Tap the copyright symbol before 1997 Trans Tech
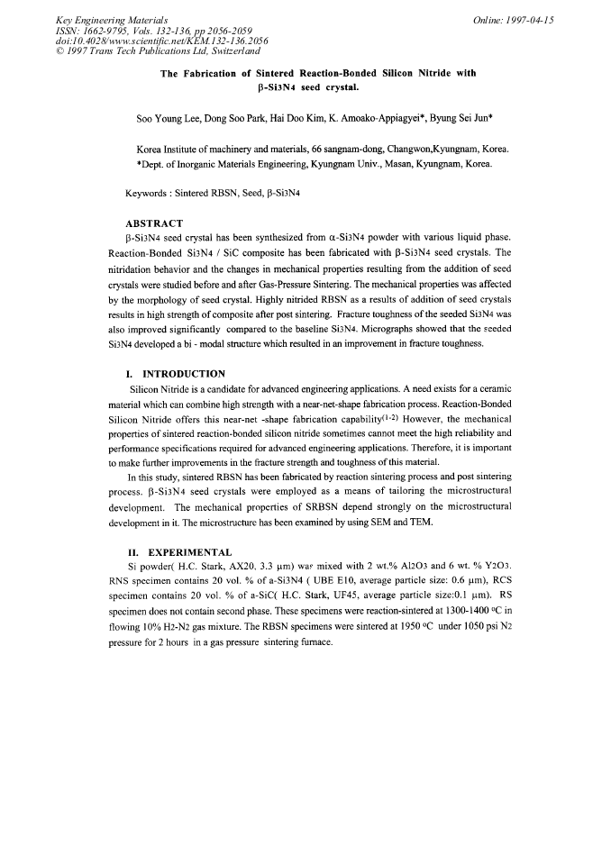(59, 51)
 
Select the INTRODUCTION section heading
(182, 373)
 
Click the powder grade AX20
(222, 567)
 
